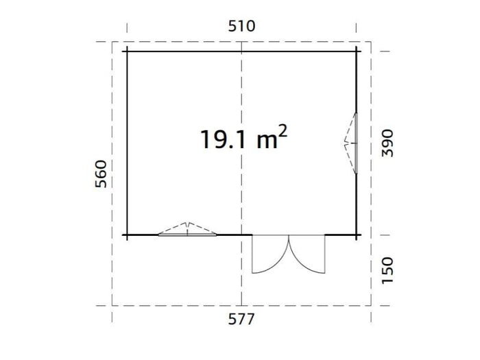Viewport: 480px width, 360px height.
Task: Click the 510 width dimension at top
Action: click(241, 26)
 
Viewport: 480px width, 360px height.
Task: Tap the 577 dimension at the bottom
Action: click(241, 319)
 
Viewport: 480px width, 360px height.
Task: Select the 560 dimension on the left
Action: click(101, 176)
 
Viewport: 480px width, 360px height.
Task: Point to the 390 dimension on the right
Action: click(389, 142)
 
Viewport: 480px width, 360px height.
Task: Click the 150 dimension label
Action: click(389, 271)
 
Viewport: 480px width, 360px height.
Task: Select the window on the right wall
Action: click(355, 143)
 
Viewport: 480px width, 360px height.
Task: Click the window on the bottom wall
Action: click(187, 232)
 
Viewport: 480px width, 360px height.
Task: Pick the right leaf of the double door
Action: click(307, 254)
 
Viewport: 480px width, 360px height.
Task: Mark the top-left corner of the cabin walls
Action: click(127, 51)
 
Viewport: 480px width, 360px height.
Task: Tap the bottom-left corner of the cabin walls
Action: click(127, 235)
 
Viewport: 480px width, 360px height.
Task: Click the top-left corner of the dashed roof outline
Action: click(113, 42)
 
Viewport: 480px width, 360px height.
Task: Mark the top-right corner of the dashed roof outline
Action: click(371, 42)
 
